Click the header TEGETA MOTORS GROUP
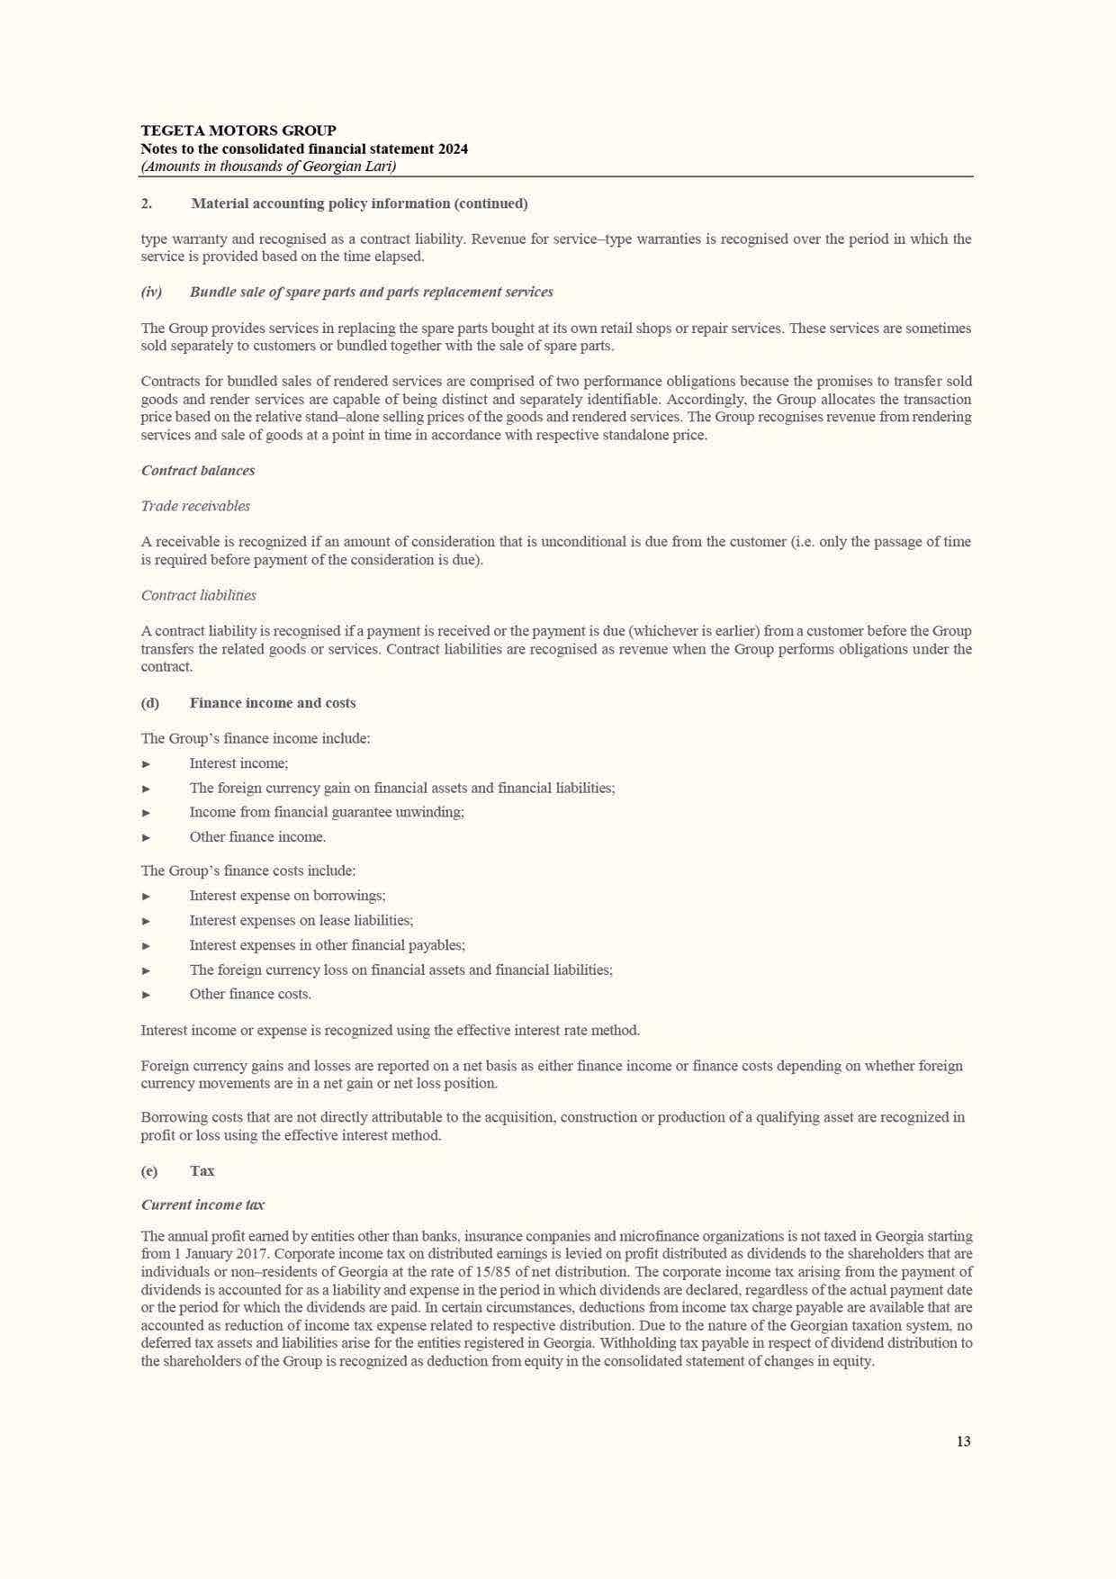coord(238,131)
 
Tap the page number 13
coord(963,1441)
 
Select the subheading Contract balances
coord(198,470)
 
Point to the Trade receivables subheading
coord(195,506)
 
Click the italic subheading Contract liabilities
coord(198,595)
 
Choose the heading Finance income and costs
coord(272,702)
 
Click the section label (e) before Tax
coord(148,1170)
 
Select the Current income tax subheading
coord(202,1205)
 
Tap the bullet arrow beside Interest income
coord(147,764)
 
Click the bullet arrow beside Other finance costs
coord(147,995)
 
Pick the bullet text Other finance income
coord(257,836)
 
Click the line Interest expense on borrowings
coord(287,896)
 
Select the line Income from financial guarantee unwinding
coord(327,812)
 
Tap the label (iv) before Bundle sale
coord(151,292)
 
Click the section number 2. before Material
coord(146,203)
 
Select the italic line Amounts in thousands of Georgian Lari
coord(268,167)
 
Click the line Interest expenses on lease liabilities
coord(301,920)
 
